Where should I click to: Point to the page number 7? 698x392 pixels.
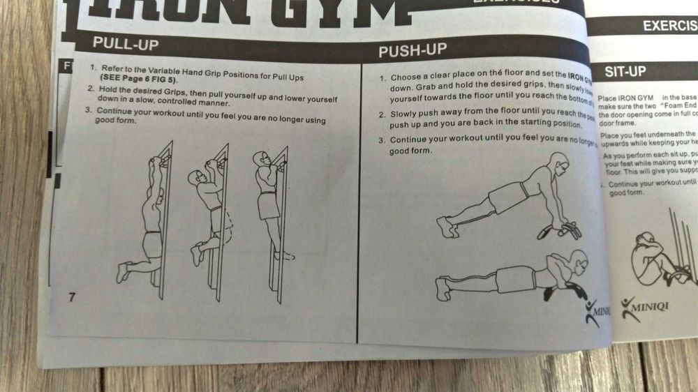[x=71, y=296]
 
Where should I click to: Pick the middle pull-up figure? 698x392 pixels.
[x=209, y=209]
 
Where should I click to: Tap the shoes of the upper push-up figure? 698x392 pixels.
[x=447, y=226]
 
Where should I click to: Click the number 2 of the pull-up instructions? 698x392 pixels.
[x=91, y=89]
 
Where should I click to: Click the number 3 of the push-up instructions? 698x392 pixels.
[x=382, y=140]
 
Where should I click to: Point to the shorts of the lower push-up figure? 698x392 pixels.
[x=515, y=279]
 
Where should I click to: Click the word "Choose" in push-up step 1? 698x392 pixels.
[x=406, y=77]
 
